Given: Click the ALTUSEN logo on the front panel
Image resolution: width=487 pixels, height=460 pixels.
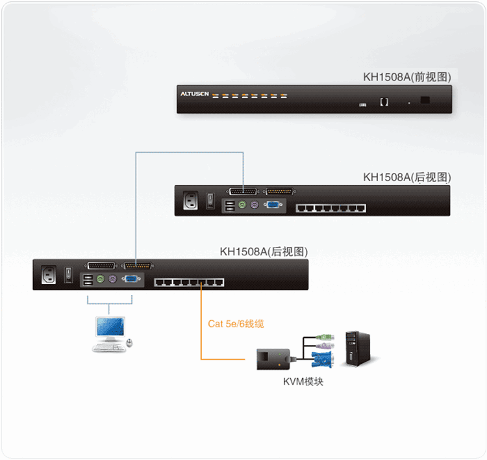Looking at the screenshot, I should pos(195,94).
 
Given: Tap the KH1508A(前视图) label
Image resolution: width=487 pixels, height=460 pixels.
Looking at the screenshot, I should pos(406,77).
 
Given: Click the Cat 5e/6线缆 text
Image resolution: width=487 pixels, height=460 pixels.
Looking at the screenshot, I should pos(236,323).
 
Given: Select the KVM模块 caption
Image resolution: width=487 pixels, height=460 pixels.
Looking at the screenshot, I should pos(303,381).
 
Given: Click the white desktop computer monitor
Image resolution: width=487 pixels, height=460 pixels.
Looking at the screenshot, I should pos(109,328).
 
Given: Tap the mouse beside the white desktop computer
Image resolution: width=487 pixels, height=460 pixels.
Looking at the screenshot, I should pos(129,342).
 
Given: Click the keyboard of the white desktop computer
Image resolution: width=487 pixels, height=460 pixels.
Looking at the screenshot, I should pos(107,348).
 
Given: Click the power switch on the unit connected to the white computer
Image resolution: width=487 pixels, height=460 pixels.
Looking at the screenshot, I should pos(68,275).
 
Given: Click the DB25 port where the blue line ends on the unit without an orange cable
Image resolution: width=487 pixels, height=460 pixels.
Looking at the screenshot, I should pos(243,192).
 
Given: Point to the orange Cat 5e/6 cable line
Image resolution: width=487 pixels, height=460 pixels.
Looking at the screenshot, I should pos(201,325).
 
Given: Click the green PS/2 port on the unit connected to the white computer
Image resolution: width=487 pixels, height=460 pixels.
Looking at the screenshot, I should pos(101,280).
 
